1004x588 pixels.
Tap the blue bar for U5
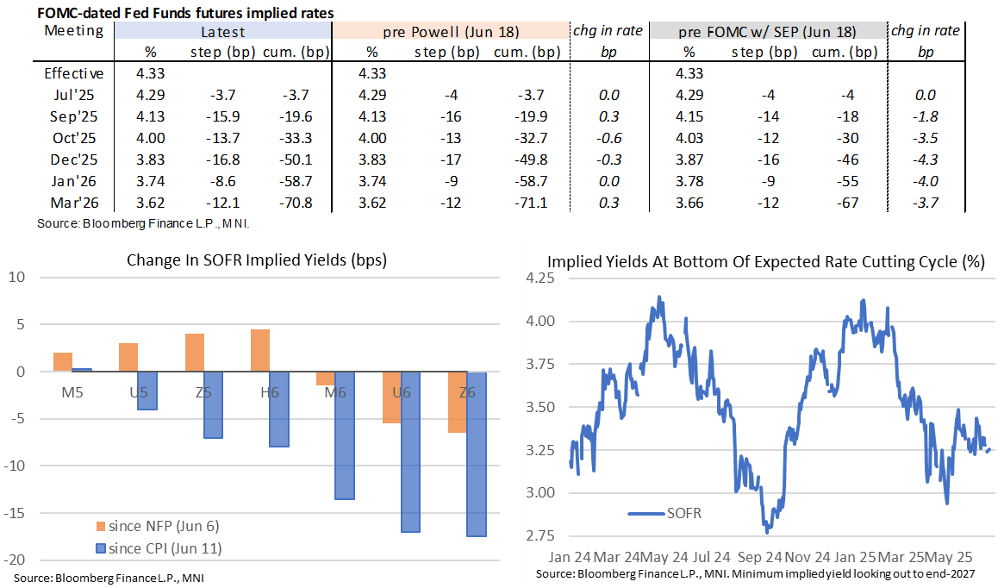147,391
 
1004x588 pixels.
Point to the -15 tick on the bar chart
18,512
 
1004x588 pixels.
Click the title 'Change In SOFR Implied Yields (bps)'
257,260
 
